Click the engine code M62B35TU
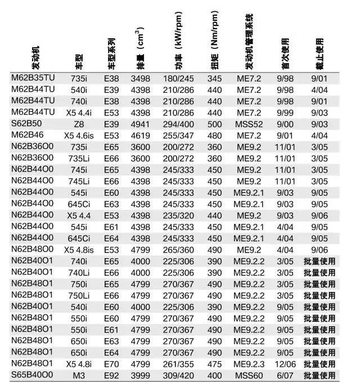click(33, 78)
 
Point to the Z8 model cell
click(79, 124)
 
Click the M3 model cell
click(79, 375)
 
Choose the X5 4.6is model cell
click(79, 135)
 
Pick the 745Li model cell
click(79, 181)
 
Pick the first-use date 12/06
click(286, 364)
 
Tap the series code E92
click(112, 375)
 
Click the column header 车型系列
click(111, 53)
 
